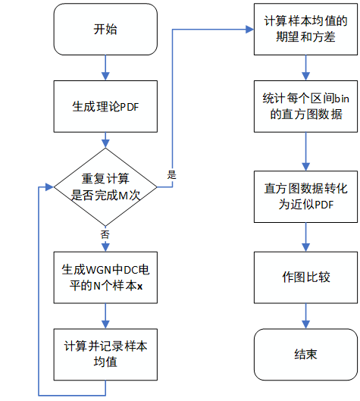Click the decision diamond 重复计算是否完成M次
[105, 186]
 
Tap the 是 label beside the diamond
[171, 175]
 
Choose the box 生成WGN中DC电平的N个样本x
[105, 277]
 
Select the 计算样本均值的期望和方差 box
[305, 30]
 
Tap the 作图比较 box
[305, 277]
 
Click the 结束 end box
[305, 353]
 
